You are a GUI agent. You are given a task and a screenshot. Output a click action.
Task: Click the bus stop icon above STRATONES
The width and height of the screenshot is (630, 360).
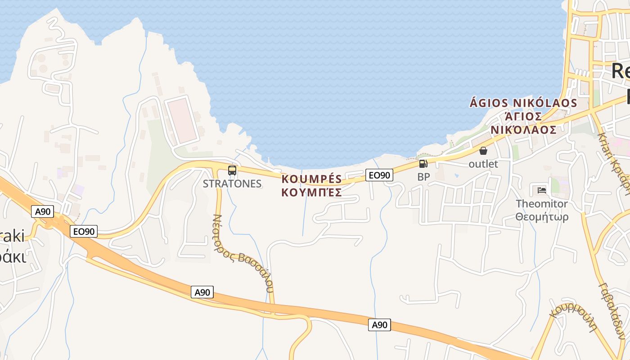[x=232, y=171]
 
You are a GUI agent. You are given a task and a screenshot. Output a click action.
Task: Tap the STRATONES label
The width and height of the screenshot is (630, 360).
[x=232, y=184]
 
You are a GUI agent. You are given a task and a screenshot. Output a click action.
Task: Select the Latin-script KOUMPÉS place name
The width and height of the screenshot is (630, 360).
[x=312, y=179]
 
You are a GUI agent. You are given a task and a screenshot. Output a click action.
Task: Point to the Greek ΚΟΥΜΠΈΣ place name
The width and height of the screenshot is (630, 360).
[x=312, y=193]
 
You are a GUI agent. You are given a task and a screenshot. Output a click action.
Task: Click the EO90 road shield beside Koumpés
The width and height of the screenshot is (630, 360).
[x=379, y=175]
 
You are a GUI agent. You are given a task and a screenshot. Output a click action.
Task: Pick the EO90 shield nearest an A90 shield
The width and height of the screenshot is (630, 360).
[x=84, y=231]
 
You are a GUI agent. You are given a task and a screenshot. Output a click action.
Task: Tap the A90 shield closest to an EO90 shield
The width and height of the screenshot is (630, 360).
[x=43, y=211]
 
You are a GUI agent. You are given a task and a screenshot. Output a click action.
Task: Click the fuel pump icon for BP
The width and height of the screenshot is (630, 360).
[x=423, y=164]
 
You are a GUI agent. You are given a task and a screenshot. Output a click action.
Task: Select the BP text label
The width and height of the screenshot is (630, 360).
[x=423, y=177]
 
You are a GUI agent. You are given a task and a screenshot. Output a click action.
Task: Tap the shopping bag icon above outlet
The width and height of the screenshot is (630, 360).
[x=483, y=151]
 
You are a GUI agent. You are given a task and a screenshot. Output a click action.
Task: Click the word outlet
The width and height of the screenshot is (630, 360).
[x=483, y=164]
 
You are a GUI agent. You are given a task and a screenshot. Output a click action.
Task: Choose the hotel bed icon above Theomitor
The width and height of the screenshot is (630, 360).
[x=542, y=190]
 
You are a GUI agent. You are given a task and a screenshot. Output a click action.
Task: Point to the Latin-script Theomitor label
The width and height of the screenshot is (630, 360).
[x=542, y=204]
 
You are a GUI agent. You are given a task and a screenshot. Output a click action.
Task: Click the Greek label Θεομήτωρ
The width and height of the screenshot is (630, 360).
[x=542, y=217]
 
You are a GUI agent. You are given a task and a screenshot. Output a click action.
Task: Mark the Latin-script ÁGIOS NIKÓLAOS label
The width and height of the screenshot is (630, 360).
[x=523, y=103]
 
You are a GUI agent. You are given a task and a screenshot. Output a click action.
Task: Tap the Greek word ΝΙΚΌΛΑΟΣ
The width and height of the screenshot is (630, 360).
[x=523, y=130]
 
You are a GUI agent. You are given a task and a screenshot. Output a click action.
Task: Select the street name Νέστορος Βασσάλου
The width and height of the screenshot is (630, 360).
[x=243, y=254]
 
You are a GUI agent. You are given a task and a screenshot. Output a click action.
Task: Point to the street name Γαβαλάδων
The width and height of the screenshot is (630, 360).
[x=611, y=310]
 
